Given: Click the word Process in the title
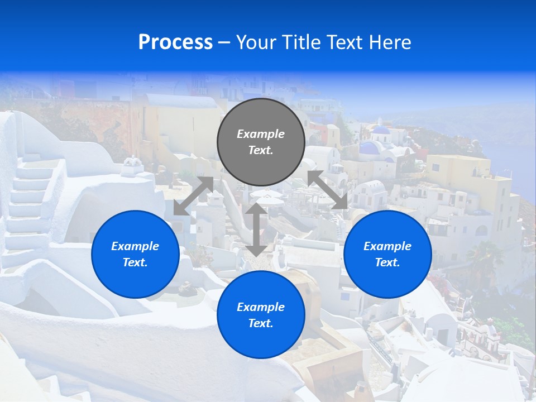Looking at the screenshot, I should pyautogui.click(x=175, y=42).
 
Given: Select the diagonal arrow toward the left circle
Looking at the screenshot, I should pyautogui.click(x=193, y=196).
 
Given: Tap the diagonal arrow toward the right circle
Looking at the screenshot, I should pyautogui.click(x=327, y=190).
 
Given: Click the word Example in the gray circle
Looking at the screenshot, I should pyautogui.click(x=261, y=134).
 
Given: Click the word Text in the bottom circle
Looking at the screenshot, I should pyautogui.click(x=260, y=323).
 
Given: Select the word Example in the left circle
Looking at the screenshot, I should pyautogui.click(x=135, y=246).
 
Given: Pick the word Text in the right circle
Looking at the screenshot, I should pyautogui.click(x=387, y=262).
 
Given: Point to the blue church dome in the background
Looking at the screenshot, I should pyautogui.click(x=381, y=131).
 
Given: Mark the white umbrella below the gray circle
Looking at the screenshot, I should pyautogui.click(x=268, y=195).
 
